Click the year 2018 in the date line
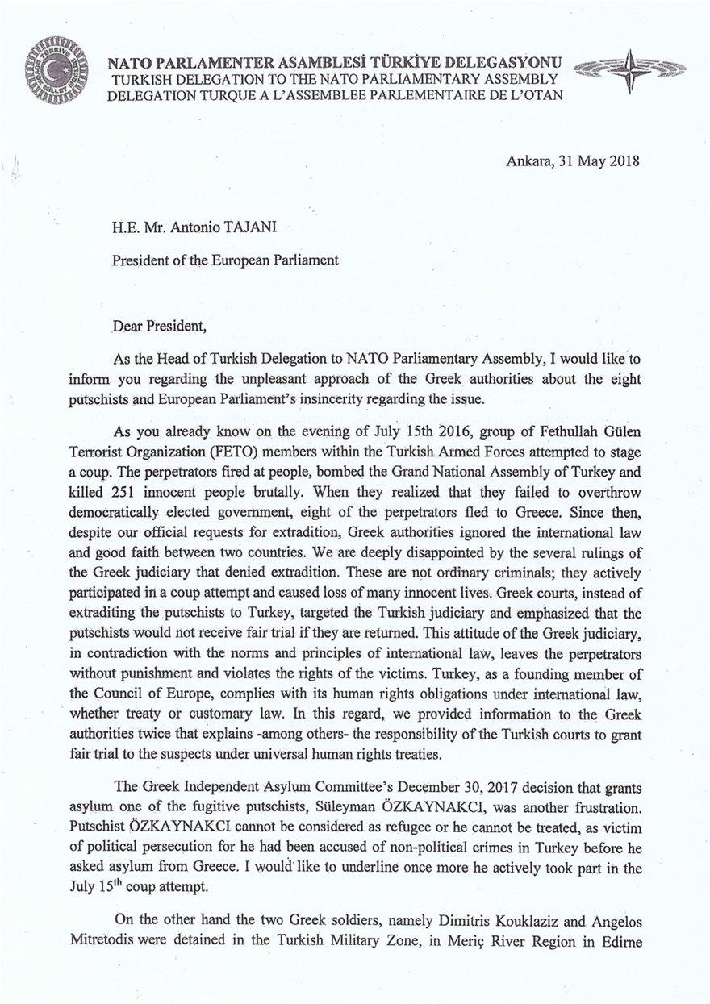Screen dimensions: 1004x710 623,160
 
